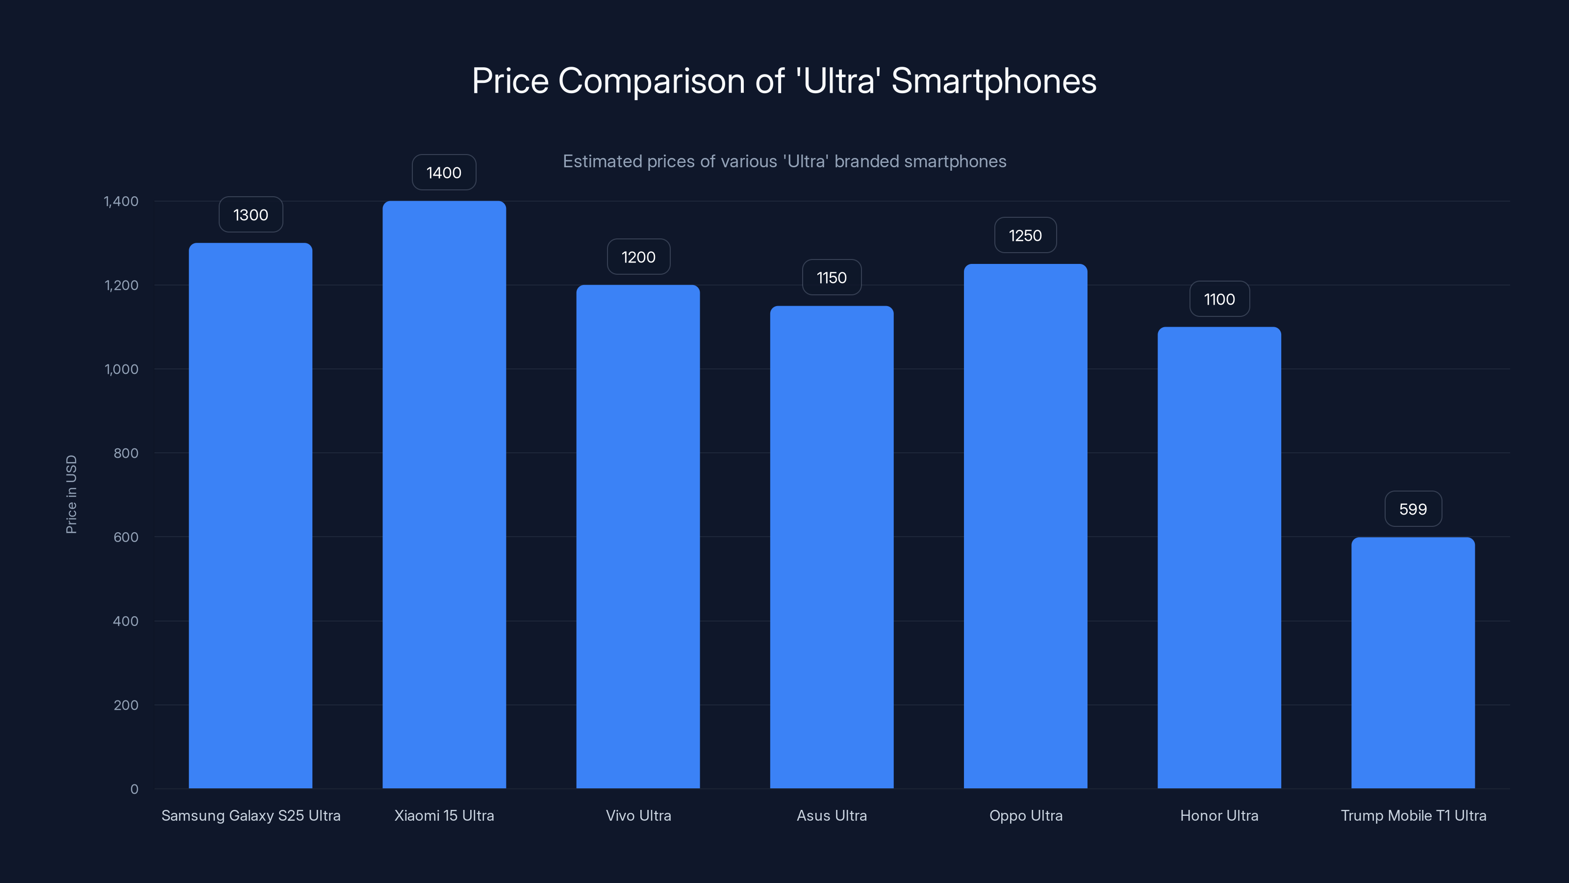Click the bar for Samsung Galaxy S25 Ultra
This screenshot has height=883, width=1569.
[x=251, y=515]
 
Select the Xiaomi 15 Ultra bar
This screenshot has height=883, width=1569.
[x=444, y=493]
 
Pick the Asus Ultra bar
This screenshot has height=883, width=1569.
[x=832, y=546]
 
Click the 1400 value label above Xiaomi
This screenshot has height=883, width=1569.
[x=444, y=173]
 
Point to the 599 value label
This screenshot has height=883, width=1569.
[x=1413, y=509]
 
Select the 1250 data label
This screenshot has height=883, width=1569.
[x=1025, y=235]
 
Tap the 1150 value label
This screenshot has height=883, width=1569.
[x=832, y=278]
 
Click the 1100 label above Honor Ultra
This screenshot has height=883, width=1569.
[x=1219, y=299]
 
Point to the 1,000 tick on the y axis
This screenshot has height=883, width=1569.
[x=121, y=369]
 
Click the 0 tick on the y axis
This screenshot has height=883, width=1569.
[x=134, y=789]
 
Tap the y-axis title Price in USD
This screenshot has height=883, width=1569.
[x=71, y=494]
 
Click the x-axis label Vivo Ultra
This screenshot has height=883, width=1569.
[x=638, y=815]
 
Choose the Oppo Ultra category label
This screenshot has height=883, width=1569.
[x=1026, y=815]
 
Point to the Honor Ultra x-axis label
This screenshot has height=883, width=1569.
[x=1219, y=815]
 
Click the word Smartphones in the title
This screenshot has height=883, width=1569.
[x=993, y=81]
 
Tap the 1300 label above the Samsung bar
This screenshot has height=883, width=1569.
[x=251, y=214]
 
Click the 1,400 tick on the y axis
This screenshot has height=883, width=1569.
[x=121, y=201]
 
